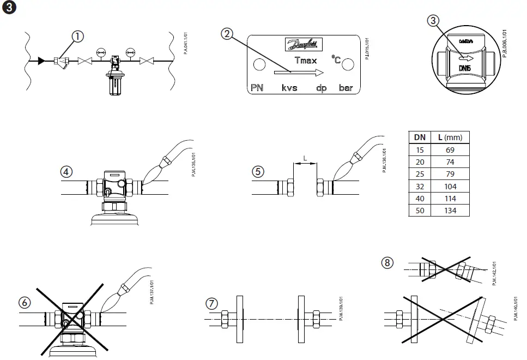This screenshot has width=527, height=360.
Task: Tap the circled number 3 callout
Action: point(433,21)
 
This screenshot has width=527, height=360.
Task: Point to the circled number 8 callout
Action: point(387,263)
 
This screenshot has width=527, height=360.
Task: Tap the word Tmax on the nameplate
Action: point(305,61)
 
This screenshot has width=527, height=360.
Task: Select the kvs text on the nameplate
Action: point(289,88)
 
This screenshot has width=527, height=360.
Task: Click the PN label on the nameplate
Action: point(257,88)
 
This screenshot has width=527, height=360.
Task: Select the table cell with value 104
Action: point(450,186)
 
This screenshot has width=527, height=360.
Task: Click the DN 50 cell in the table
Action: point(420,211)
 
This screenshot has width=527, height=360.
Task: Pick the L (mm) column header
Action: point(450,137)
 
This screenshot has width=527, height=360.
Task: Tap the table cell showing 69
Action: point(450,150)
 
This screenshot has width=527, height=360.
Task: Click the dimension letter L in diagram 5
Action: point(305,159)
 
